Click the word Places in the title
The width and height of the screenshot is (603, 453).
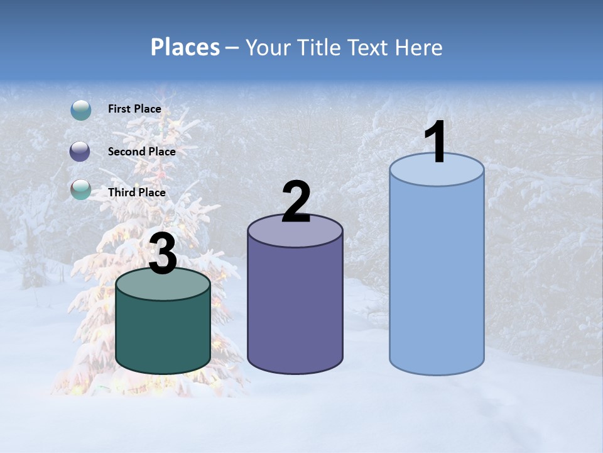[x=185, y=47]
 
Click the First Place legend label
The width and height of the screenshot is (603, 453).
[x=134, y=109]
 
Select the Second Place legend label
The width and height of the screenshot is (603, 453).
[x=141, y=152]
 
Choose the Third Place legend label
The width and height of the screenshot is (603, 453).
[x=136, y=193]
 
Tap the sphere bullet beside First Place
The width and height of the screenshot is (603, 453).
[x=81, y=110]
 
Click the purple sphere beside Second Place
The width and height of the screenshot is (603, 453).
[x=80, y=152]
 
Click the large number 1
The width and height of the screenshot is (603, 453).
[x=435, y=143]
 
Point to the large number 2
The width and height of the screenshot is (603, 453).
[x=296, y=203]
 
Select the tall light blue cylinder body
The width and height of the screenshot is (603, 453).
[x=437, y=277]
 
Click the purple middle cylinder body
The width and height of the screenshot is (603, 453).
[x=295, y=308]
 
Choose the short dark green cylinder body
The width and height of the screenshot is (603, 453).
[x=163, y=333]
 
